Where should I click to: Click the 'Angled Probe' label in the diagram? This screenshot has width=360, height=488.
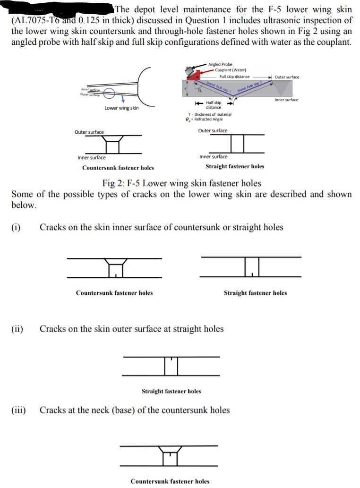coord(220,64)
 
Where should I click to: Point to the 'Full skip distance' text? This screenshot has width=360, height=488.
coord(234,77)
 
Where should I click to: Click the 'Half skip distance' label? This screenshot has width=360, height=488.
coord(214,105)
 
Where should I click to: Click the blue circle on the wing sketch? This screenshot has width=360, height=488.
coord(111,94)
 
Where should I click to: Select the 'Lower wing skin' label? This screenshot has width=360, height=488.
coord(121,108)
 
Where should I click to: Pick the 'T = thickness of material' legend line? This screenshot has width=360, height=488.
coord(209,114)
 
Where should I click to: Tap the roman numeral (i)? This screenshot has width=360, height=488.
coord(16,227)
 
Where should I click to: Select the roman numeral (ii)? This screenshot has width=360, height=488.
coord(17,329)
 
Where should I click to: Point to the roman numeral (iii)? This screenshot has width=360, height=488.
coord(18,410)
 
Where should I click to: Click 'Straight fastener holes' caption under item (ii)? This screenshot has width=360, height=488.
coord(171,391)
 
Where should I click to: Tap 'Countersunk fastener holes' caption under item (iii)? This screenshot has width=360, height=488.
coord(170,481)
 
